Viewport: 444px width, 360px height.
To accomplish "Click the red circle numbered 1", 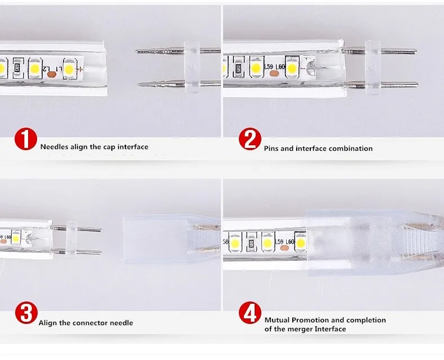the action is tap(26, 138).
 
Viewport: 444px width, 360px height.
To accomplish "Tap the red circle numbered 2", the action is tap(250, 138).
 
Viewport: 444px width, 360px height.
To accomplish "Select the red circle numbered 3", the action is tap(26, 313).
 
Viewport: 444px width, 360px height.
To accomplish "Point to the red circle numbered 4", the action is tap(250, 313).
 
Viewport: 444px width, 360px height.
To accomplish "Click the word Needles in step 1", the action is tap(55, 147).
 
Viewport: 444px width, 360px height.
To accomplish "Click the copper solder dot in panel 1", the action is tap(51, 75).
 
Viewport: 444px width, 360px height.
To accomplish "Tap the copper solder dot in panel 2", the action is tap(273, 74).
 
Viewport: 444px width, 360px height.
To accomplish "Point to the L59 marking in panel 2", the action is tap(269, 67).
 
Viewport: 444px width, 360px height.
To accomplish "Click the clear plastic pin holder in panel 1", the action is tap(192, 67).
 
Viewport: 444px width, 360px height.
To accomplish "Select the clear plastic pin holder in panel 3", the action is tap(71, 241).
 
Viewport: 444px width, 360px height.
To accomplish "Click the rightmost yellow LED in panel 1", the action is tap(69, 69).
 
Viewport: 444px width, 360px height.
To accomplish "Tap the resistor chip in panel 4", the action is tap(251, 243).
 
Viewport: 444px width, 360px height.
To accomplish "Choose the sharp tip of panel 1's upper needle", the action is tap(135, 52).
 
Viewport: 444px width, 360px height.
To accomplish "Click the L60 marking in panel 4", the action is tap(290, 242).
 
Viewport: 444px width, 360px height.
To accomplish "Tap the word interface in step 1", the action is tap(133, 147).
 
